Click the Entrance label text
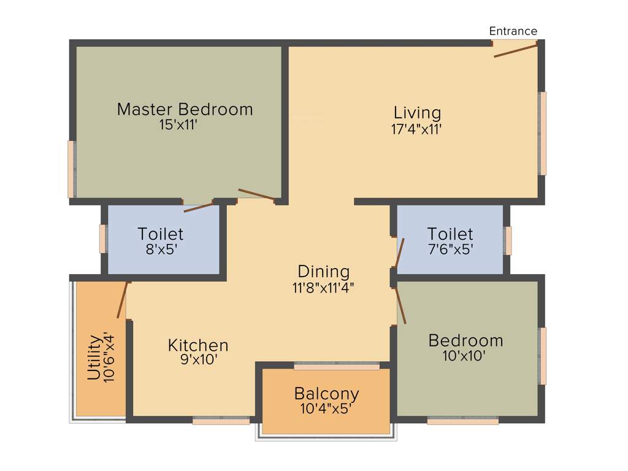coord(513,31)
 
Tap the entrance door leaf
coord(516,50)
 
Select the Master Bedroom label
coord(185,110)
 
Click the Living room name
coord(417,113)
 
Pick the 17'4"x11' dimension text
coord(417,129)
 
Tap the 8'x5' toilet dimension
coord(160,250)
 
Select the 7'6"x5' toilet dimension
coord(450,250)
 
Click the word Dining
coord(323,271)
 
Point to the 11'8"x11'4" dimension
coord(323,287)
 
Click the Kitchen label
coord(198,345)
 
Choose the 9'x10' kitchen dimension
coord(198,360)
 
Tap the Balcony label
coord(326,393)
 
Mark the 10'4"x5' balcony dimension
coord(326,408)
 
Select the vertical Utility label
coord(94,358)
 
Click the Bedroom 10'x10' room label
coord(465,340)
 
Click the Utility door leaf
coord(123,300)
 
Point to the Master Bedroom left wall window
coord(71,169)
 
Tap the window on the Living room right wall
coord(543,134)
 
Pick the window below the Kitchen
coord(221,421)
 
